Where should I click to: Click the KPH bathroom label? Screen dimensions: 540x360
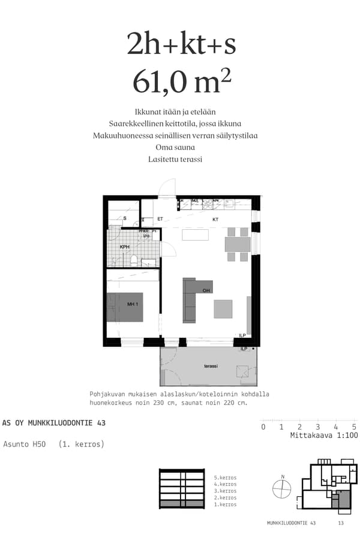coord(125,247)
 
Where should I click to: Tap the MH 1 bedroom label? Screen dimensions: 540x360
coord(133,305)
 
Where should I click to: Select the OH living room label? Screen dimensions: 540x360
coord(206,291)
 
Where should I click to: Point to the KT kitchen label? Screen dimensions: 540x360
coord(215,220)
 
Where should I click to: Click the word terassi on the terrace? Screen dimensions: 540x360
coord(211,366)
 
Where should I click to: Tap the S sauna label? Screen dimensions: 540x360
coord(125,218)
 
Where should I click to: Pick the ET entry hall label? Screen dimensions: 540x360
coord(160,220)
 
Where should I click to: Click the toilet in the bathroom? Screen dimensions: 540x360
coord(134,260)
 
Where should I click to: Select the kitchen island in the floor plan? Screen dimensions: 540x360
coord(195,235)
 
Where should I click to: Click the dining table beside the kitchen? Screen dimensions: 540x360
coord(237,244)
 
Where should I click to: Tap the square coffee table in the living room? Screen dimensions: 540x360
coord(223,309)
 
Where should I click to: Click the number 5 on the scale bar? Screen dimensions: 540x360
coord(355,427)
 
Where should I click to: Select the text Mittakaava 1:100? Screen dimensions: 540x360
coord(323,436)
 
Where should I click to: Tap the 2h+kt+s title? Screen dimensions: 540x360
coord(181,43)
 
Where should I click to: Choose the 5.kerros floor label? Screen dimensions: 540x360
coord(226,478)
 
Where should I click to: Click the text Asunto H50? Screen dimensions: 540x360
coord(25,445)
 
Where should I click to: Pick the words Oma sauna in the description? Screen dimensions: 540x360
coord(175,148)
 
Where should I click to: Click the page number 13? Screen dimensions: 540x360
coord(341,523)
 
